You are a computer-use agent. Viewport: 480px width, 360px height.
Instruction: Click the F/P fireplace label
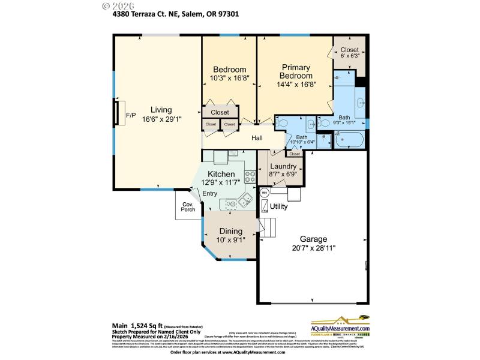tap(131, 115)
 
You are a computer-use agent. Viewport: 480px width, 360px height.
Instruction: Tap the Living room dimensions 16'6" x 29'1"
tap(161, 119)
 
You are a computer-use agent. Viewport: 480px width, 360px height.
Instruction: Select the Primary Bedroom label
tap(296, 72)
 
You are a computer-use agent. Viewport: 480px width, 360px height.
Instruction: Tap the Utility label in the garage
tap(278, 206)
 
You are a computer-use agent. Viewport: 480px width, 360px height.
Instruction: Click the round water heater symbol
tap(264, 193)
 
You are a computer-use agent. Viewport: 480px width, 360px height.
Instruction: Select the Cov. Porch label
tap(188, 207)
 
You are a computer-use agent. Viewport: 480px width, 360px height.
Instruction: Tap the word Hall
tap(257, 138)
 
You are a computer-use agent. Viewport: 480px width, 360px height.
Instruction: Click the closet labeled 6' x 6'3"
tap(349, 53)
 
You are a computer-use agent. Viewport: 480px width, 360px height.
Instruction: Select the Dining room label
tap(230, 231)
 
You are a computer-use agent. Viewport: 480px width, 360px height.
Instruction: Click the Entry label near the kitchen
tap(209, 193)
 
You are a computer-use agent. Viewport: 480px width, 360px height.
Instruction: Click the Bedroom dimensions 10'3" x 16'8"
tap(229, 77)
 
